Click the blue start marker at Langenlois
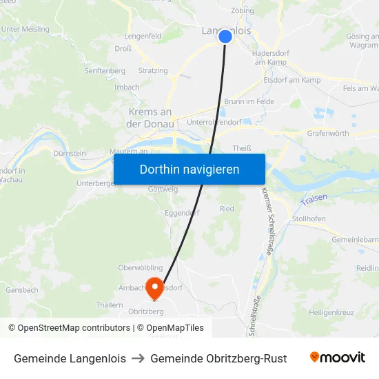click(x=225, y=36)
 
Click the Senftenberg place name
click(x=105, y=70)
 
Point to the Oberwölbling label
click(x=140, y=268)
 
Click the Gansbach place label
click(x=21, y=290)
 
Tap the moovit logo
click(x=338, y=358)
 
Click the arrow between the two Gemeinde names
click(x=138, y=358)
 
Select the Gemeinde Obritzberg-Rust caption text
click(x=218, y=358)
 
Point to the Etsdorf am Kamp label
click(x=292, y=81)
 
